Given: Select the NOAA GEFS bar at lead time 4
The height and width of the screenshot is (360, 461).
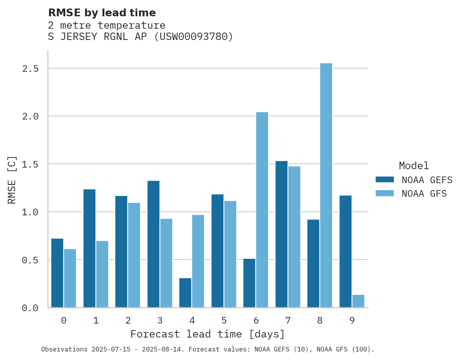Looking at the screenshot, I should coord(185,292).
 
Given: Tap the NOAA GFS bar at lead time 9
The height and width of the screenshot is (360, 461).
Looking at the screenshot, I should coord(358,301).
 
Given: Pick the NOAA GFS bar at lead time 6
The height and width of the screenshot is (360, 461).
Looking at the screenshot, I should coord(262,209).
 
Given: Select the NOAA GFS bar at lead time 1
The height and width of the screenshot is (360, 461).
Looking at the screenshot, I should coord(102,274).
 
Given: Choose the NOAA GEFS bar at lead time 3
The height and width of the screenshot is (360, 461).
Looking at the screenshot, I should coord(153,244).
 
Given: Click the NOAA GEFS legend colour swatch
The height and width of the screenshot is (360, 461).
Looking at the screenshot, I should coord(385,180).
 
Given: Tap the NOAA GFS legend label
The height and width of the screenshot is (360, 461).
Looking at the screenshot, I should coord(424,194).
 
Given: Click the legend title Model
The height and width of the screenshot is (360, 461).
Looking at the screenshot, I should coord(414,166).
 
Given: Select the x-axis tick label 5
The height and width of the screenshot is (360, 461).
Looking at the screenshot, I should coord(224,320).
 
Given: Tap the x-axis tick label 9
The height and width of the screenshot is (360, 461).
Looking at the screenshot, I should coord(352,320).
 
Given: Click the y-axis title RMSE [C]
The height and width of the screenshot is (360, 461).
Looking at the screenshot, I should coord(12,180).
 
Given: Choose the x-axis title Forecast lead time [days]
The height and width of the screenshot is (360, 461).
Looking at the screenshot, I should coord(208,334).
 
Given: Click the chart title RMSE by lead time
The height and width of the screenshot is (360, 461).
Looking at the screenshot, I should coord(102,13).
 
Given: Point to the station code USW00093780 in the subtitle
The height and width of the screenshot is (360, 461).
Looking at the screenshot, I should coord(194,37).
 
